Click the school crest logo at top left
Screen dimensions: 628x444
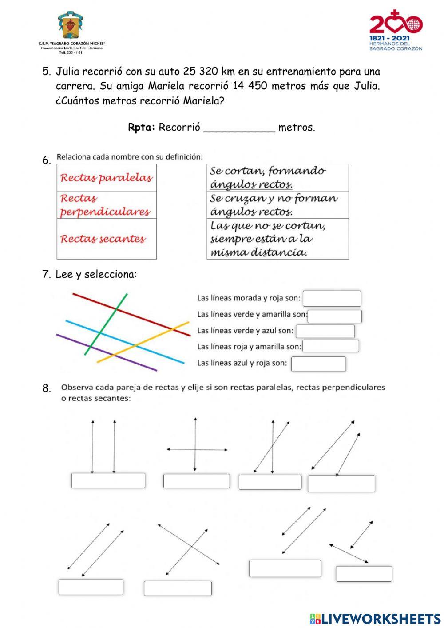pos(70,26)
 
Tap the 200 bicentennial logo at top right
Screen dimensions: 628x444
pos(396,30)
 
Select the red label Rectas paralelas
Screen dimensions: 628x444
pos(106,178)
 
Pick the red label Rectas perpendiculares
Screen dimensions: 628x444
pos(105,205)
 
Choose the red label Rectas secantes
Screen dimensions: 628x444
pos(103,239)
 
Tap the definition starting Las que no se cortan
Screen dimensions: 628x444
pos(268,239)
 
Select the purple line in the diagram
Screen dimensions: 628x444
pos(107,352)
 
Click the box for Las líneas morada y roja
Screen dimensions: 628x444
pos(332,298)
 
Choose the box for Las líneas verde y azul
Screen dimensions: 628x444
pos(325,331)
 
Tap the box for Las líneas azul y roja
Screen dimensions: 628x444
pos(318,364)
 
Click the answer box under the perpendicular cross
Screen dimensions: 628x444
pos(196,481)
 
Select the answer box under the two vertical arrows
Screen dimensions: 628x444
pos(108,480)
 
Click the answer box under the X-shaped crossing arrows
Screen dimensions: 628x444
pos(178,588)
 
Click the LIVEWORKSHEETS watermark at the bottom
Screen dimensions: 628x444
pos(375,619)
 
